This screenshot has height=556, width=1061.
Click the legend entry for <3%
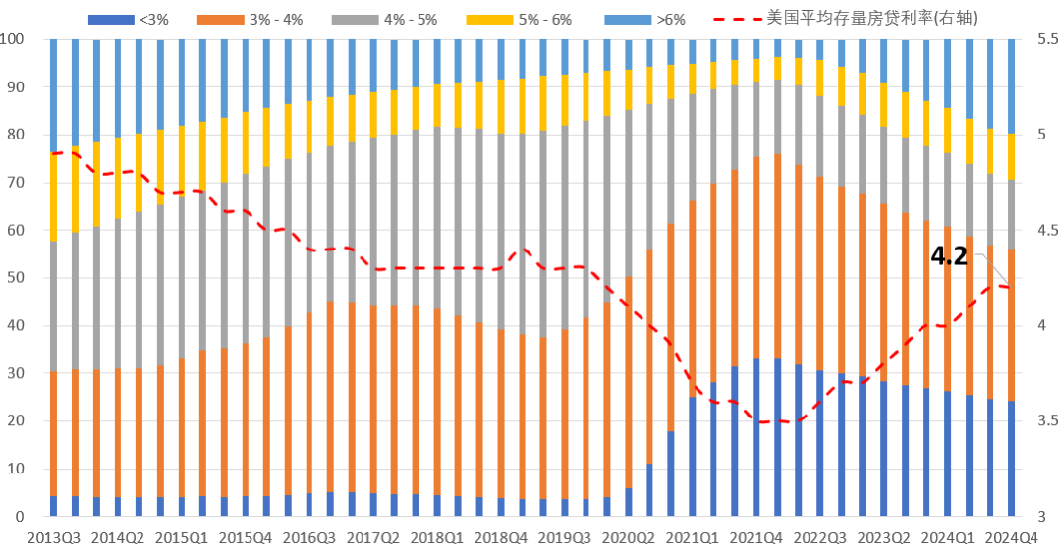coord(137,18)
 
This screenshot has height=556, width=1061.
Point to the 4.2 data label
coord(949,257)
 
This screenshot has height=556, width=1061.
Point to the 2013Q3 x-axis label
coord(54,538)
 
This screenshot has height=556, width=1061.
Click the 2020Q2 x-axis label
coord(628,538)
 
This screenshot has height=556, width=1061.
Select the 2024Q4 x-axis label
coord(1012,538)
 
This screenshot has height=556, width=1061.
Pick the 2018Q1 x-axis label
coord(436,538)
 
